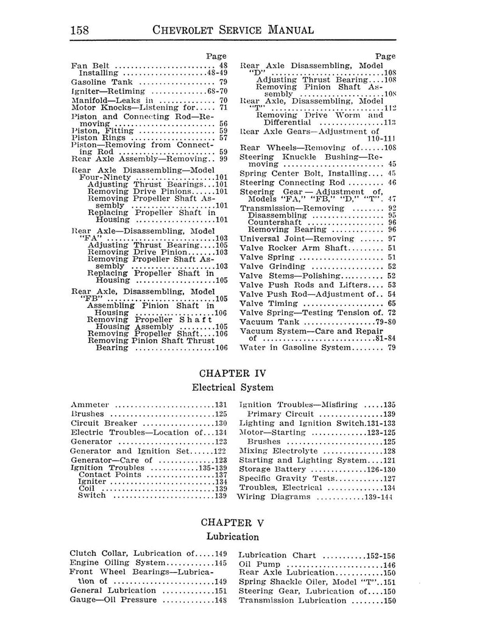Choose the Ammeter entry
pyautogui.click(x=90, y=405)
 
